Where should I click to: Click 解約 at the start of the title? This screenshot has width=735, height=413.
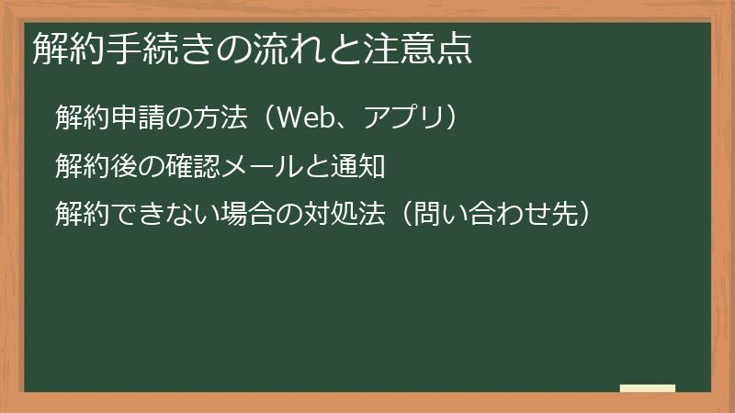(62, 49)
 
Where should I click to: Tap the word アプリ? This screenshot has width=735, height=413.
(398, 118)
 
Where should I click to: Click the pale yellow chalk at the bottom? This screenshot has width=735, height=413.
(648, 388)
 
